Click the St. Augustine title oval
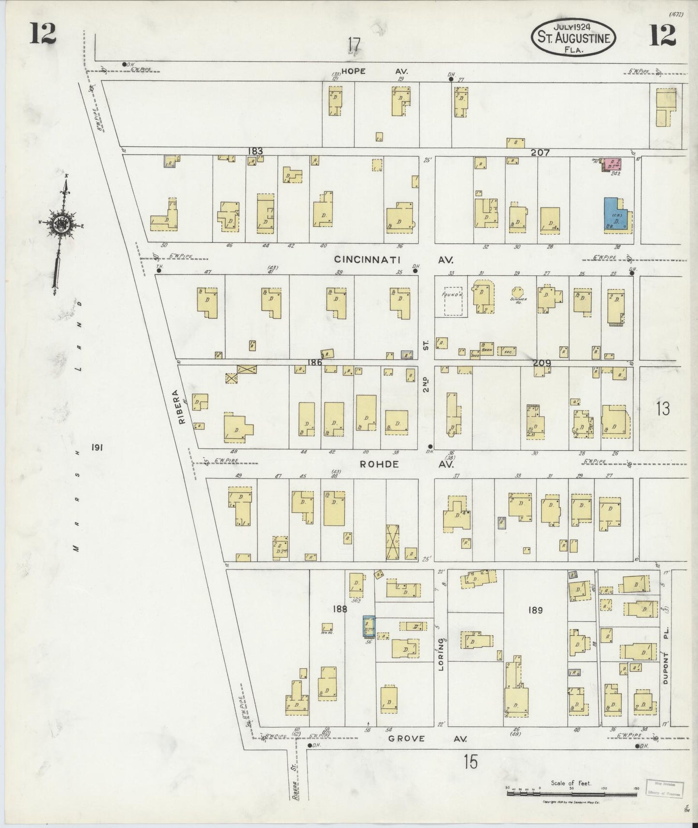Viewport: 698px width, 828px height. click(x=574, y=38)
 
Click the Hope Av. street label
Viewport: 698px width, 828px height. click(x=374, y=71)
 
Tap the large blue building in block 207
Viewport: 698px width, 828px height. click(x=617, y=213)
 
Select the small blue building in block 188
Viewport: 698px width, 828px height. click(x=369, y=627)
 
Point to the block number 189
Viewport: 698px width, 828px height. click(x=535, y=610)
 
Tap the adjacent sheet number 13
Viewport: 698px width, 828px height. click(x=663, y=409)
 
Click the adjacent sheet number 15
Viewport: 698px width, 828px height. click(x=470, y=762)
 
